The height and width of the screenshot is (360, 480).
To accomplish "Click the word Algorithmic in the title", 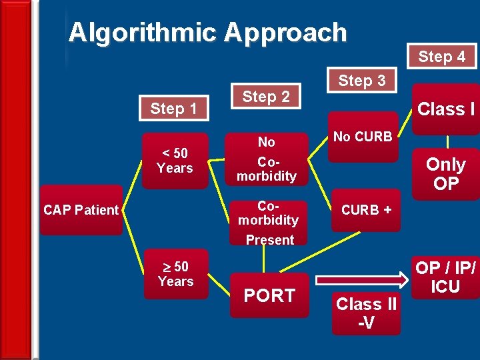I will pos(142,32).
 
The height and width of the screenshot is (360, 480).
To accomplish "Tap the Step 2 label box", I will pos(265,97).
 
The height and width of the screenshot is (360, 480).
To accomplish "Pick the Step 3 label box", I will pos(361,81).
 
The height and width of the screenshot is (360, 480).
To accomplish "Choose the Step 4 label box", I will pos(441,57).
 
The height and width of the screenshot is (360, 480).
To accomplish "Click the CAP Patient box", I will pos(81,210).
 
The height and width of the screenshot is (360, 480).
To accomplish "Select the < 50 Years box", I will pos(175,161).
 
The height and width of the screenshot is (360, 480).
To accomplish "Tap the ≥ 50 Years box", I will pos(175,274).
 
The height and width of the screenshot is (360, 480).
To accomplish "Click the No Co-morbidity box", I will pos(267,159).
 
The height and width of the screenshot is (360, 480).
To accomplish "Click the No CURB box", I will pos(363,137).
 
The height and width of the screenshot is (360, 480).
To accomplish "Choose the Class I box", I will pos(445,109).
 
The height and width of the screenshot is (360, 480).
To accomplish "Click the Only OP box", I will pos(445,173).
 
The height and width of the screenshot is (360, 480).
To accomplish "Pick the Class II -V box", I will pos(366,313).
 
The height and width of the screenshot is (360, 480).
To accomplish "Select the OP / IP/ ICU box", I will pos(445,276).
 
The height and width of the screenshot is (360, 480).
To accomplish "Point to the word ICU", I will pos(445,287).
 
